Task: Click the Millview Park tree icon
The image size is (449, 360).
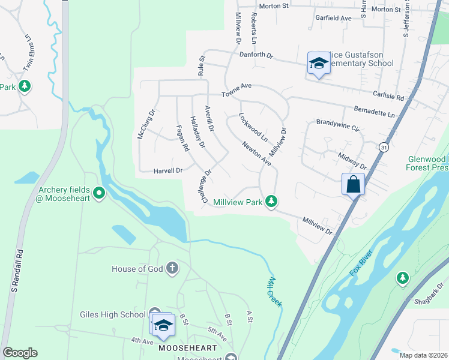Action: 272,202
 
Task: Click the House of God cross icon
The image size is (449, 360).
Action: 172,268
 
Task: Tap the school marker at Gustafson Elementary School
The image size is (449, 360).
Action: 318,63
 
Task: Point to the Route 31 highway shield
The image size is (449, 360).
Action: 384,147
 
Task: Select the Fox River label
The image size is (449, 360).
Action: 361,264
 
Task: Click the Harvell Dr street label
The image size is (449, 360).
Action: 167,170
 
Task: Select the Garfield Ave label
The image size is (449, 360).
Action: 333,18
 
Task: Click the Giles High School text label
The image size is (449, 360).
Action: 112,314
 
